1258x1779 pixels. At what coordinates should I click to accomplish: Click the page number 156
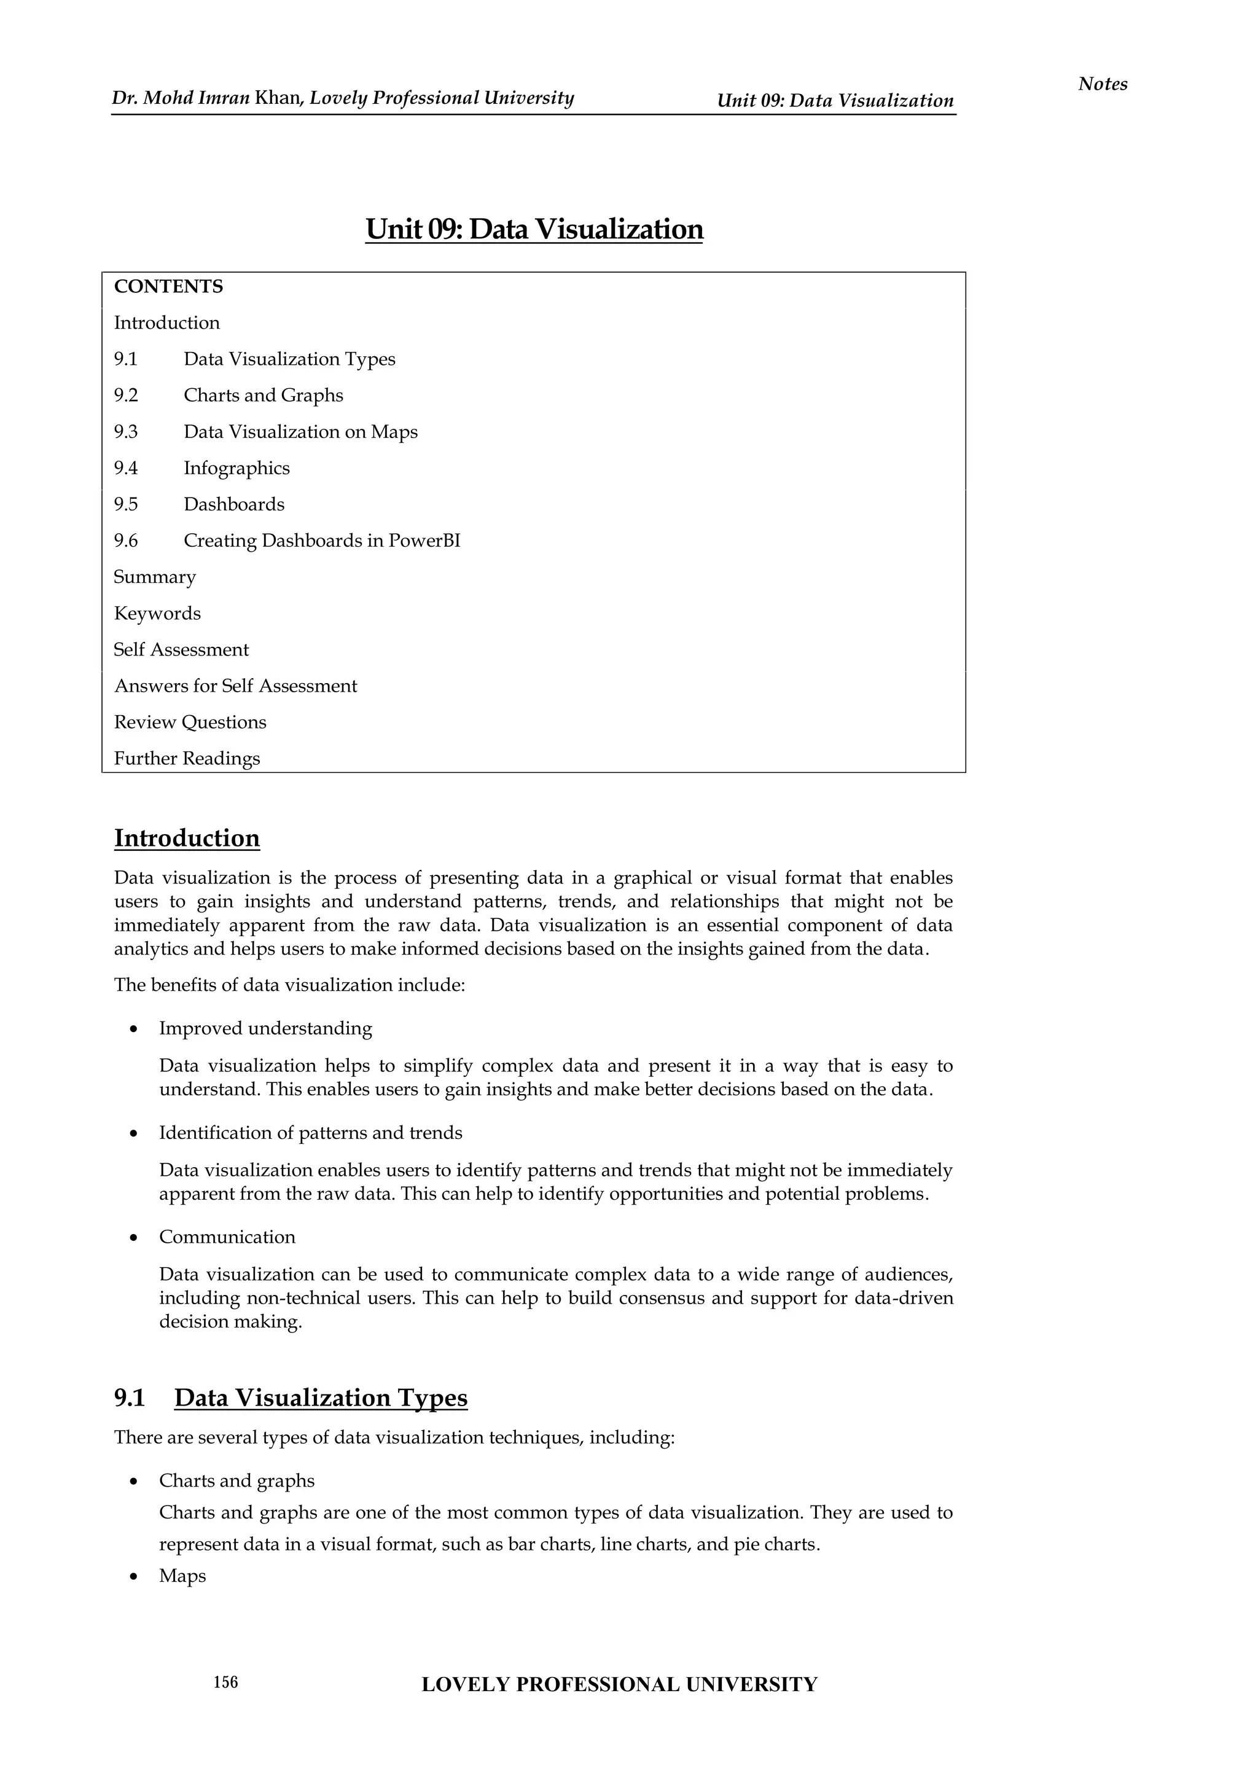[x=225, y=1681]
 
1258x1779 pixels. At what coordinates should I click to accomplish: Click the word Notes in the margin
[x=1103, y=84]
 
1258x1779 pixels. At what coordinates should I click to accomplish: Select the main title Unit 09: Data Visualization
[x=534, y=229]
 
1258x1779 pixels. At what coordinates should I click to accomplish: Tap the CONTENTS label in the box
[x=168, y=287]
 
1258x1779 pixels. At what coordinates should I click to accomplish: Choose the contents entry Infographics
[x=236, y=468]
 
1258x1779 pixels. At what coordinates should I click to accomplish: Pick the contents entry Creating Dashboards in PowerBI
[x=321, y=541]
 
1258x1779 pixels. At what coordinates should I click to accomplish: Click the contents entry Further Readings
[x=187, y=759]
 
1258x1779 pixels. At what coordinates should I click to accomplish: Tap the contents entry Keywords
[x=157, y=614]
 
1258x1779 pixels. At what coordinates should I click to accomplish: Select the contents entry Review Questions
[x=190, y=722]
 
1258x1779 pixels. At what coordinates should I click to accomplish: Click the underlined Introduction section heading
[x=187, y=839]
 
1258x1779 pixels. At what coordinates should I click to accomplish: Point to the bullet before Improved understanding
[x=134, y=1030]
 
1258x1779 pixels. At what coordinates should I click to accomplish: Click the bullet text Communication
[x=227, y=1237]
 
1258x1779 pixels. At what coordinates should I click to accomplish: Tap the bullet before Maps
[x=134, y=1577]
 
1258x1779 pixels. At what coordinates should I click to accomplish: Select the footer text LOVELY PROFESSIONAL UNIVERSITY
[x=619, y=1684]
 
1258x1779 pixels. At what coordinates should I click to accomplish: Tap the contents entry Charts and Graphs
[x=263, y=395]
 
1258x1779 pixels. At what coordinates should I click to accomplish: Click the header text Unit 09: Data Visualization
[x=834, y=101]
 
